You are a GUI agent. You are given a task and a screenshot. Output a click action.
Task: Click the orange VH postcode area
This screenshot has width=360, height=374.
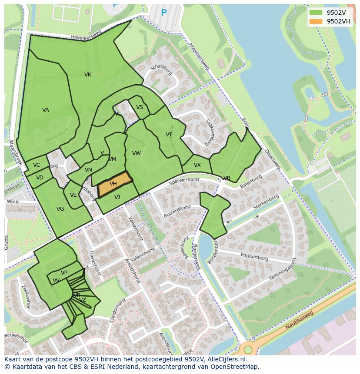pos(114,184)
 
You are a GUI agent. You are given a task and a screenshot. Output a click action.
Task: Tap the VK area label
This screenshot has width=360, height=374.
pos(88,75)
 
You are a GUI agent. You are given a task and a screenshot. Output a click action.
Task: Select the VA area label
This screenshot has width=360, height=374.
pos(46,110)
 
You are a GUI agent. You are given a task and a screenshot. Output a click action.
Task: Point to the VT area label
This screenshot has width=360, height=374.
pos(169,135)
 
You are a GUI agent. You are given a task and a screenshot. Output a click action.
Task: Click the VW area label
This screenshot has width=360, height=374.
pos(136,153)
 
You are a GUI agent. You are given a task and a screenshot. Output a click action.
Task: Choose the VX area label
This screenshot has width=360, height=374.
pos(197,165)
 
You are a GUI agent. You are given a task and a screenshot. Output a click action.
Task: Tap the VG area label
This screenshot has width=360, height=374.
pos(60,209)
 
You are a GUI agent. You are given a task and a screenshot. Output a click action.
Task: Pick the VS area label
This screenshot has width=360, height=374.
pos(140,107)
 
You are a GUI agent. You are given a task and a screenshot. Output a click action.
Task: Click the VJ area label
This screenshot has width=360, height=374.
pos(117,197)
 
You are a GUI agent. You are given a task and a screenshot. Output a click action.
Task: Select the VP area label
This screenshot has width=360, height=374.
pos(64,273)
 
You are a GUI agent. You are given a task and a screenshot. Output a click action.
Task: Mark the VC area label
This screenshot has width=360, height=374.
pos(37,165)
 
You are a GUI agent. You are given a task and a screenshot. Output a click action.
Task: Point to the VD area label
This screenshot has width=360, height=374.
pos(40,178)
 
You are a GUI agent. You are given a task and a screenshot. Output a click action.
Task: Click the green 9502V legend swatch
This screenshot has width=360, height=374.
pos(316,13)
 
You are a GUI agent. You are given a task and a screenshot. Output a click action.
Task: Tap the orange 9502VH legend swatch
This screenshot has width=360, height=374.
pos(316,21)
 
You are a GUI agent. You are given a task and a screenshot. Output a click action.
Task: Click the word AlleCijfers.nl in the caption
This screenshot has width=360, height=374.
pos(226,359)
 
